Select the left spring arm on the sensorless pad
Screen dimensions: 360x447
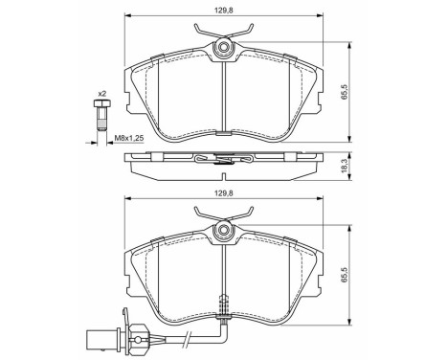click(x=204, y=35)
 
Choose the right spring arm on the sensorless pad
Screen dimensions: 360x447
click(x=242, y=35)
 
